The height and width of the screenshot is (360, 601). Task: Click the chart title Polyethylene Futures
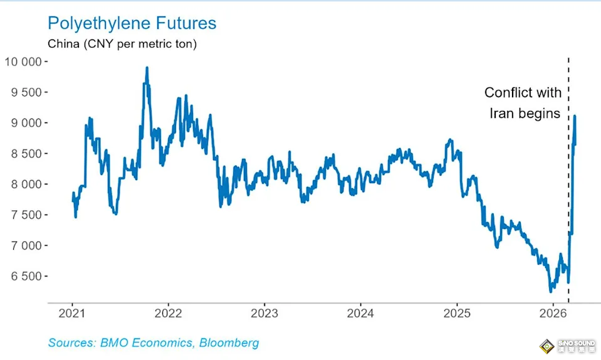pos(132,24)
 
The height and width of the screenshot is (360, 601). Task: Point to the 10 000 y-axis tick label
pos(23,61)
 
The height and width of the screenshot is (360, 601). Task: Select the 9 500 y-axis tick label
pos(26,92)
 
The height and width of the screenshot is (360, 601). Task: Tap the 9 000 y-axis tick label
pos(26,123)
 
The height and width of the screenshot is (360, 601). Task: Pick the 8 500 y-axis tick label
pos(26,154)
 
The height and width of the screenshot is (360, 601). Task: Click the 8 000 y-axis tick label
pos(26,184)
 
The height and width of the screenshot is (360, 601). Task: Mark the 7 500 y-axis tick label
pos(26,215)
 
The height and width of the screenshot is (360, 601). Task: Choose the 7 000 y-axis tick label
pos(26,246)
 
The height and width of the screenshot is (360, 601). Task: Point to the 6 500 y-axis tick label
pos(26,277)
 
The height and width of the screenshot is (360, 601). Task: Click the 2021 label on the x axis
pos(72,313)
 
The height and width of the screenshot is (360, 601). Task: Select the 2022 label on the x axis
pos(168,313)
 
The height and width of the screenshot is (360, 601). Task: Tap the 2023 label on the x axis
pos(264,313)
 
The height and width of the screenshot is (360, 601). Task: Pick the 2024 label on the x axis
pos(361,313)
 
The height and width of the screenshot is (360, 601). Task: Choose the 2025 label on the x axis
pos(457,313)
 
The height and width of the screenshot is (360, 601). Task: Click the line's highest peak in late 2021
pos(147,68)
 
